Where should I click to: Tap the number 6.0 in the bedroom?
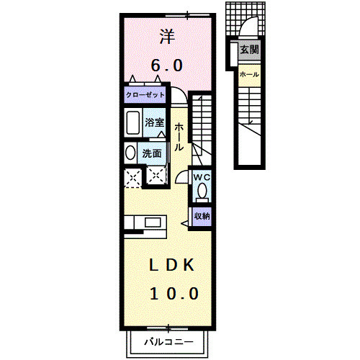[166, 66]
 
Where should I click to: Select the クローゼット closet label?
[145, 95]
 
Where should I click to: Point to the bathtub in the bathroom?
[132, 124]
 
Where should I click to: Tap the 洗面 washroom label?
[151, 153]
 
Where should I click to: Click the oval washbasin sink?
[130, 153]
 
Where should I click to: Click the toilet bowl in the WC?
[202, 192]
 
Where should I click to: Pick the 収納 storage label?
[201, 215]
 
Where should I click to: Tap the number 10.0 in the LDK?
[174, 293]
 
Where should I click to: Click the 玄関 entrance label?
[248, 50]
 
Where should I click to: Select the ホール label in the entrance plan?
[248, 74]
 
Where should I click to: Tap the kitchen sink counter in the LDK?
[145, 225]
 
